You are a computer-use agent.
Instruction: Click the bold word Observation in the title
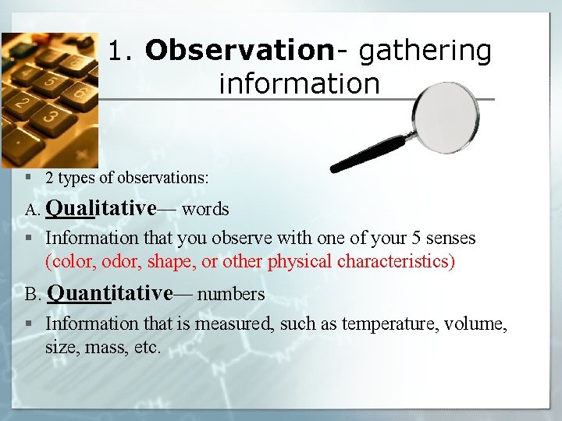240,51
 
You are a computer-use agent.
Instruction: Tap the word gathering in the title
425,51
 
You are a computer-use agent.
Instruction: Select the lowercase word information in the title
299,83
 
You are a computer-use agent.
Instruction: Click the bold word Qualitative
101,209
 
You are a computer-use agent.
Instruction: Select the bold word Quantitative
109,293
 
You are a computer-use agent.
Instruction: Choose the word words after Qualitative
205,210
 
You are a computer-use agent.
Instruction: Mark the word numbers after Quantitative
231,294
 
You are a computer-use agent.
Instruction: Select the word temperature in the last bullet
385,323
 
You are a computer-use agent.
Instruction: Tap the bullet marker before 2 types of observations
27,178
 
